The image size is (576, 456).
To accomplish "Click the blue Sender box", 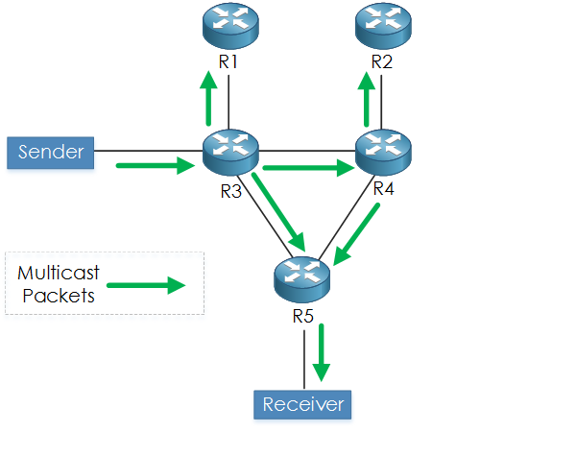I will (x=51, y=152).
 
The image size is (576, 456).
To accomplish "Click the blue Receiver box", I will (x=302, y=404).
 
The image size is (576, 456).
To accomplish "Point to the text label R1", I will (x=228, y=63).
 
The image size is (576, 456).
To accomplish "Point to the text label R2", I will (x=382, y=63).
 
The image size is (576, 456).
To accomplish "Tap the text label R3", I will (x=230, y=190).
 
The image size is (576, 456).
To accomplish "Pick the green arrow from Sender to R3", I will (x=154, y=166).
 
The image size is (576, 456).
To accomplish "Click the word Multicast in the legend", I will (x=59, y=275).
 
